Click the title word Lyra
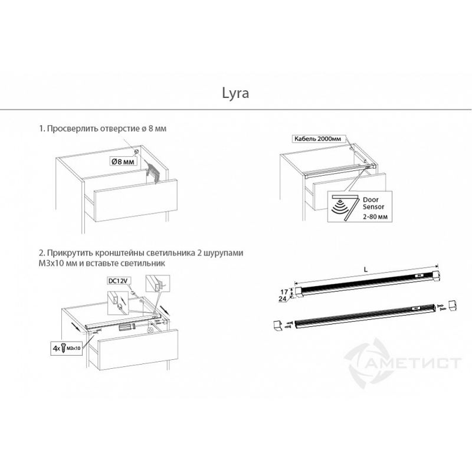pyautogui.click(x=235, y=93)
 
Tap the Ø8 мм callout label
pyautogui.click(x=123, y=162)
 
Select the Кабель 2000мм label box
pyautogui.click(x=317, y=139)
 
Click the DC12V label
pyautogui.click(x=118, y=281)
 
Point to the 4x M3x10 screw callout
pyautogui.click(x=66, y=348)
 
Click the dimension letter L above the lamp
pyautogui.click(x=366, y=270)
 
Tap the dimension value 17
pyautogui.click(x=284, y=291)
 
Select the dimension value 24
pyautogui.click(x=283, y=299)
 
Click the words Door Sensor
pyautogui.click(x=373, y=203)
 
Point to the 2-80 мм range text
pyautogui.click(x=375, y=217)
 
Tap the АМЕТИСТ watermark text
pyautogui.click(x=415, y=363)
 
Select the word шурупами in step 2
pyautogui.click(x=224, y=253)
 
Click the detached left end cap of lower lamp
pyautogui.click(x=277, y=326)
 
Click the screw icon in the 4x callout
pyautogui.click(x=64, y=348)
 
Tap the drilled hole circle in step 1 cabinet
pyautogui.click(x=136, y=152)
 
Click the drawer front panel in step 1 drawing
pyautogui.click(x=136, y=201)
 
